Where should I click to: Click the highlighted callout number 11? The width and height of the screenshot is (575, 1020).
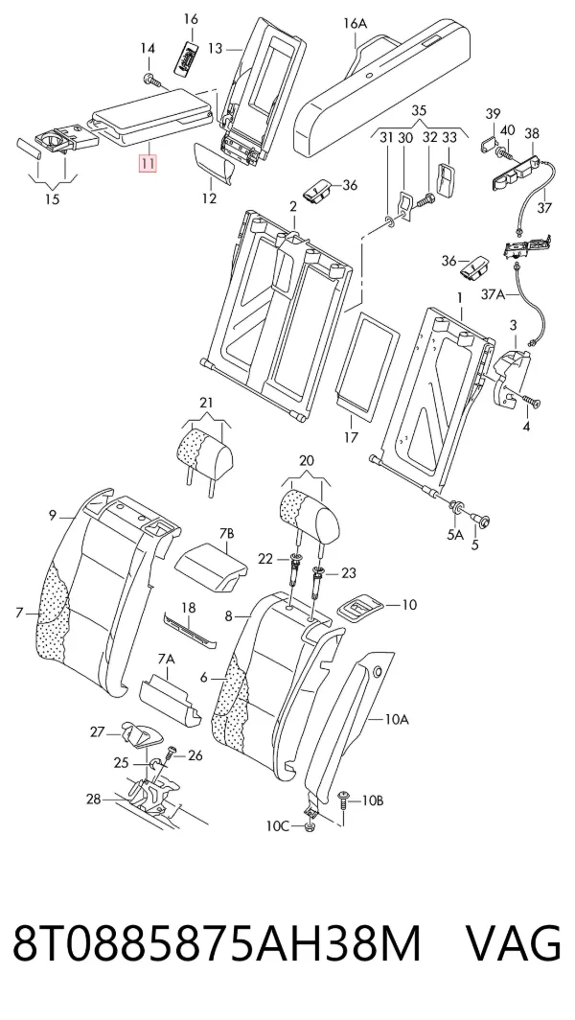pyautogui.click(x=148, y=162)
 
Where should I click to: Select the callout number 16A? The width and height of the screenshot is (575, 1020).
pyautogui.click(x=356, y=24)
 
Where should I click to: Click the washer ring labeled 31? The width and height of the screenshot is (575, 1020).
pyautogui.click(x=389, y=224)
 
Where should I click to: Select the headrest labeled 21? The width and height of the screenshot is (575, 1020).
pyautogui.click(x=205, y=452)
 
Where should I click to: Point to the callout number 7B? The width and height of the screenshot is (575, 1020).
pyautogui.click(x=226, y=534)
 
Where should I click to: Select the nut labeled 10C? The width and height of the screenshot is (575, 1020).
pyautogui.click(x=309, y=828)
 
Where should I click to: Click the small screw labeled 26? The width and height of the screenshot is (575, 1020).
pyautogui.click(x=172, y=753)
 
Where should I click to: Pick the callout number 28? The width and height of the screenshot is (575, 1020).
pyautogui.click(x=94, y=799)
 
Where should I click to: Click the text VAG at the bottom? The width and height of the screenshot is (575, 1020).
pyautogui.click(x=514, y=942)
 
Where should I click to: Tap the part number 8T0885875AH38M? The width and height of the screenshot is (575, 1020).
pyautogui.click(x=217, y=942)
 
